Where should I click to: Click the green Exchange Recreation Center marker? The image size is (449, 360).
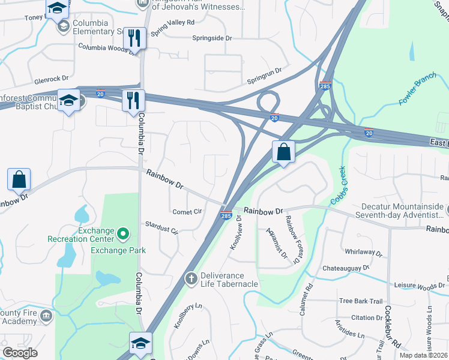click(x=123, y=233)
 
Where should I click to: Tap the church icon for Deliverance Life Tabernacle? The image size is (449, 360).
click(x=191, y=278)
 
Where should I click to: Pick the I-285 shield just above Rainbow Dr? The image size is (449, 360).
click(x=226, y=215)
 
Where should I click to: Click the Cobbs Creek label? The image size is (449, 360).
click(x=337, y=186)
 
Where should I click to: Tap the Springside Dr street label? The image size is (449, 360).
click(x=212, y=38)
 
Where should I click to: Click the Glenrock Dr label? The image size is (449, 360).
click(x=52, y=78)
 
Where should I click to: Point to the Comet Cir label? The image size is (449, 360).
click(x=187, y=212)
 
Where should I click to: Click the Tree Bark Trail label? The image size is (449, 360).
click(x=360, y=301)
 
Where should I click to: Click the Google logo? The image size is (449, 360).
click(x=20, y=353)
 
